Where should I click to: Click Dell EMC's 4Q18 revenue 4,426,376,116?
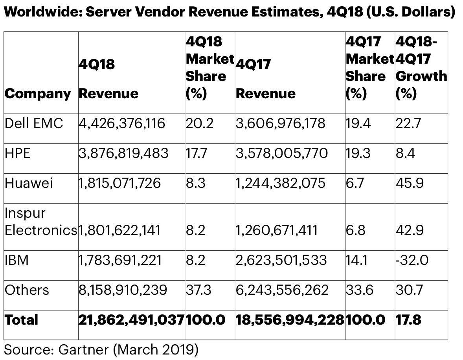tap(122, 124)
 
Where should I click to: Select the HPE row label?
tap(18, 153)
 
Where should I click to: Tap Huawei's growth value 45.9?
tap(410, 183)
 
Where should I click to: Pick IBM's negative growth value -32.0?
tap(412, 260)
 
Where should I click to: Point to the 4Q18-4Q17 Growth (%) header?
tap(421, 68)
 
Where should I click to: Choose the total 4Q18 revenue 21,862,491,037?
tap(131, 320)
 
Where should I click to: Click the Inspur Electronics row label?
tap(40, 222)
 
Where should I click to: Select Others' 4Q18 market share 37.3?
tap(198, 290)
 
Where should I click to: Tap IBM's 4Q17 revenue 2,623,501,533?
tap(281, 260)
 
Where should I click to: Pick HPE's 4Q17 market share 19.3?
tap(358, 153)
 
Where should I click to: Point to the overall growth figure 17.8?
tap(408, 320)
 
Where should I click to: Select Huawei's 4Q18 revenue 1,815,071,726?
tap(120, 183)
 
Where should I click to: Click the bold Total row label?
tap(22, 320)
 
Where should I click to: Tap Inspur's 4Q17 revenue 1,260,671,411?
tap(276, 230)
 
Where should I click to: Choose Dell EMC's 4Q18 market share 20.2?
tap(199, 124)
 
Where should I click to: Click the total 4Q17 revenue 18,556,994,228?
tap(290, 320)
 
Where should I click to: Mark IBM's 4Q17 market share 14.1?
tap(356, 260)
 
